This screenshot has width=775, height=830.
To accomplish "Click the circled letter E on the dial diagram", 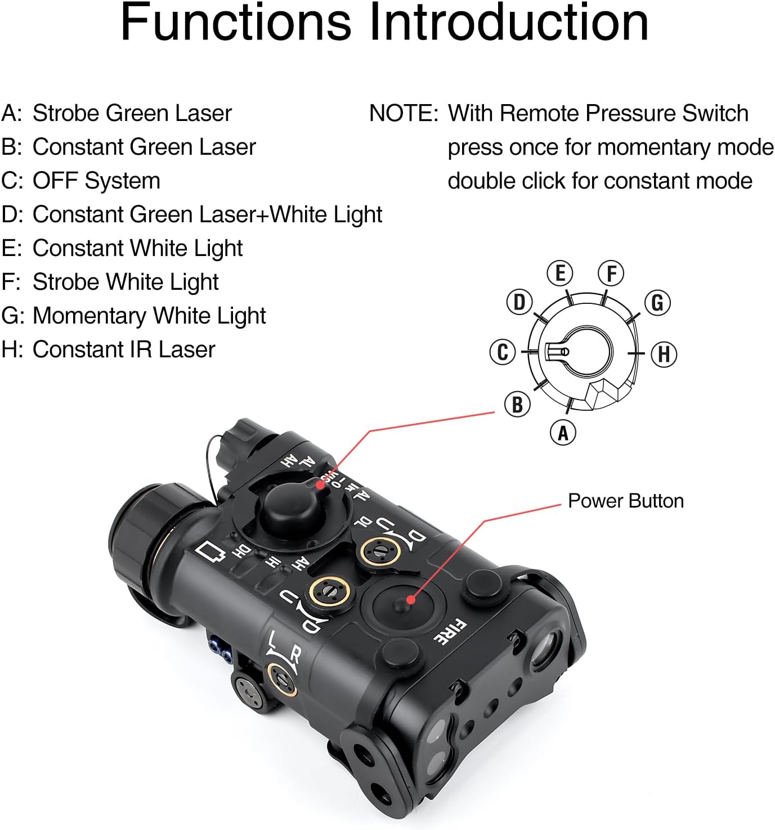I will pyautogui.click(x=560, y=273).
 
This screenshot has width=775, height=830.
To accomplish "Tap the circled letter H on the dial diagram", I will pyautogui.click(x=664, y=355).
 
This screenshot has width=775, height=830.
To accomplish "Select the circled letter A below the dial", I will pyautogui.click(x=563, y=433).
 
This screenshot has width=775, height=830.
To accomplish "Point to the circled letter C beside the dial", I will pyautogui.click(x=503, y=352).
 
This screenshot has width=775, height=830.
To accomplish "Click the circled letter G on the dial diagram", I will pyautogui.click(x=657, y=303).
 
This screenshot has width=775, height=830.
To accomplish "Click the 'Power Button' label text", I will pyautogui.click(x=625, y=501).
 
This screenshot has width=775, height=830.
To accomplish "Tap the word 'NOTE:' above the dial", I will pyautogui.click(x=403, y=113).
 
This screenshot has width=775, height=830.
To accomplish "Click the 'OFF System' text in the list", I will pyautogui.click(x=96, y=181).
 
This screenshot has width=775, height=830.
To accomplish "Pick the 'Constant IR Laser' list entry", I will pyautogui.click(x=124, y=349).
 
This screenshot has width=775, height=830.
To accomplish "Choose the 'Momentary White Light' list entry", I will pyautogui.click(x=149, y=316).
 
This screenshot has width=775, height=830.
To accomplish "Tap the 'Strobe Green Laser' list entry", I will pyautogui.click(x=132, y=113).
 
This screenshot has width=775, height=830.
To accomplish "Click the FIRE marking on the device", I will pyautogui.click(x=450, y=631).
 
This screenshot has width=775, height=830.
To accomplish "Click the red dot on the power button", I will pyautogui.click(x=411, y=600).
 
